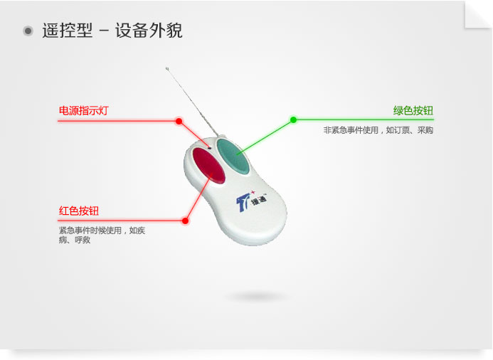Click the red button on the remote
pyautogui.click(x=208, y=166)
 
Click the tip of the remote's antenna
pyautogui.click(x=166, y=68)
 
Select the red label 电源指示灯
pyautogui.click(x=84, y=111)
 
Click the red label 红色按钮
pyautogui.click(x=79, y=211)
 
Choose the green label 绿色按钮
pyautogui.click(x=413, y=111)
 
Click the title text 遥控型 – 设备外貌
pyautogui.click(x=112, y=31)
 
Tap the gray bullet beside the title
pyautogui.click(x=28, y=31)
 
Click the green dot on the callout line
pyautogui.click(x=293, y=120)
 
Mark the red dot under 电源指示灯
pyautogui.click(x=179, y=121)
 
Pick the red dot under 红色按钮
pyautogui.click(x=185, y=221)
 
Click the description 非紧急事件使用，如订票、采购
pyautogui.click(x=378, y=130)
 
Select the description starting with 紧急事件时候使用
pyautogui.click(x=102, y=235)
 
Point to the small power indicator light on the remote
pyautogui.click(x=210, y=147)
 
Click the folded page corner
pyautogui.click(x=477, y=14)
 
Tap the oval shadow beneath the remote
pyautogui.click(x=256, y=297)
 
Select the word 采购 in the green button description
pyautogui.click(x=425, y=130)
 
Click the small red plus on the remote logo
pyautogui.click(x=253, y=192)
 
